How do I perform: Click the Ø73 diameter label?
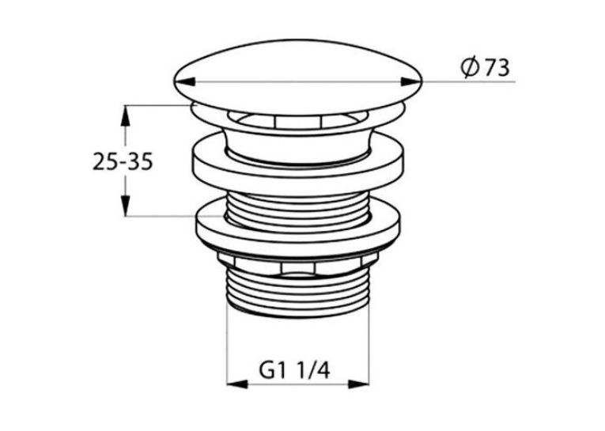coord(485,68)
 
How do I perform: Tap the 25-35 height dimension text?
coord(123,161)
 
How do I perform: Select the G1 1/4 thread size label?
coord(295,372)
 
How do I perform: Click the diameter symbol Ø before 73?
coord(471,68)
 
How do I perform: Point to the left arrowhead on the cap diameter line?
coord(184,81)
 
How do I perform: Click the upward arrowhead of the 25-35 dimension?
coord(125,115)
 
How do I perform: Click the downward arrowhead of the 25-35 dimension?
coord(125,206)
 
